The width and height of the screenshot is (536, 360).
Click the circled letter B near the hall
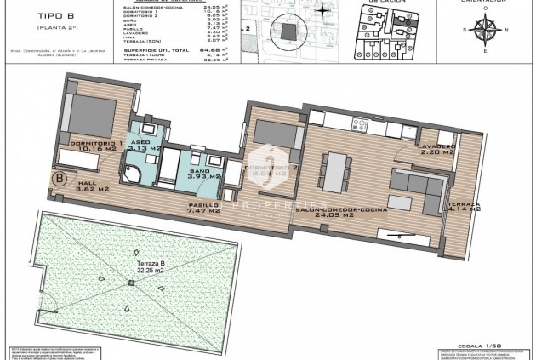click(59, 180)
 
